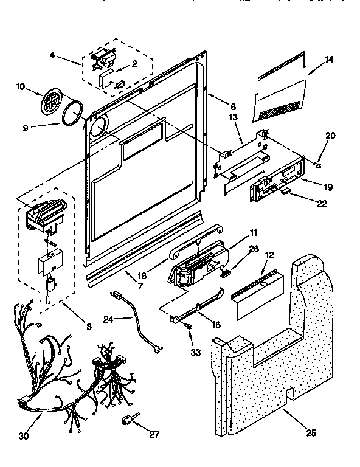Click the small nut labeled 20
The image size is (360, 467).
(317, 165)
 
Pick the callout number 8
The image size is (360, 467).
(89, 327)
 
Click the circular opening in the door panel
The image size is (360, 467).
(97, 129)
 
